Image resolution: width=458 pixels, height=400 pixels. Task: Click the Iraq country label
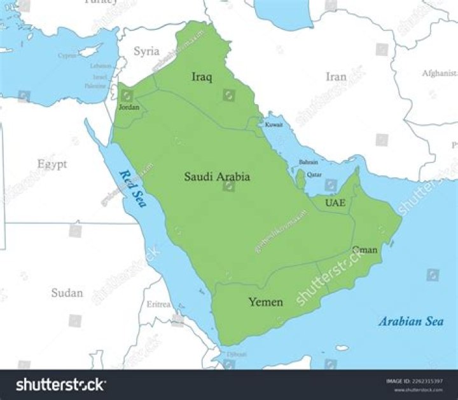click(202, 77)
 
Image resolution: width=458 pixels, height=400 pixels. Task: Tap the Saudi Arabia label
click(217, 177)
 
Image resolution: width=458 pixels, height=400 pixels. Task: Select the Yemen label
click(265, 302)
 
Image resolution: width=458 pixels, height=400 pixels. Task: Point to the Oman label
click(365, 250)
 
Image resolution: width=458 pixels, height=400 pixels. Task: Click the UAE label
click(335, 203)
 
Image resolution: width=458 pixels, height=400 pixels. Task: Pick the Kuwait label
click(274, 124)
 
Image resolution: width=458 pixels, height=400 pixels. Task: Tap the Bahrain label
click(309, 163)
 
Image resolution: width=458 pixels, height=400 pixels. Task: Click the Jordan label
click(128, 107)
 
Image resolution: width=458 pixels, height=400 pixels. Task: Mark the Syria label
click(146, 51)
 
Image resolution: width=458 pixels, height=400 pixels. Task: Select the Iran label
click(336, 77)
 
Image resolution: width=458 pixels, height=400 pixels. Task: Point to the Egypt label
click(52, 164)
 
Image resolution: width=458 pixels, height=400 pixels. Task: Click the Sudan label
click(67, 293)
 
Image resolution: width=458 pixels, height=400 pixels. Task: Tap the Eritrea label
click(158, 304)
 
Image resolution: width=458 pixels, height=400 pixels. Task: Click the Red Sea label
click(132, 189)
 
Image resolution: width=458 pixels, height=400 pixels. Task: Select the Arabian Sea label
click(411, 321)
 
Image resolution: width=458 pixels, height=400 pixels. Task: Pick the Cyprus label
click(67, 55)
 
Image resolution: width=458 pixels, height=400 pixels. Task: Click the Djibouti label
click(237, 353)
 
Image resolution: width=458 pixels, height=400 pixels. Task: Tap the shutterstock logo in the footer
click(60, 385)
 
